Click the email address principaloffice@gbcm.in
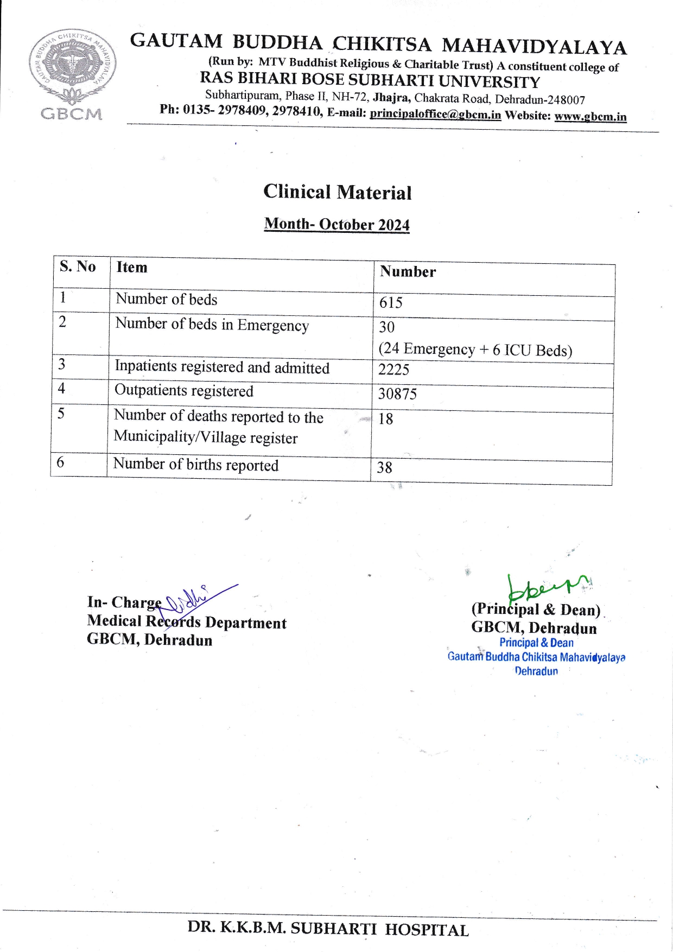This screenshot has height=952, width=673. pos(435,115)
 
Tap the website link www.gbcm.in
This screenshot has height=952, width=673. pos(590,117)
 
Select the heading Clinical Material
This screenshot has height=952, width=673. pos(337,192)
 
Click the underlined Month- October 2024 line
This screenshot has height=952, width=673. pos(336,224)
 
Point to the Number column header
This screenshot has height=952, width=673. pos(408,271)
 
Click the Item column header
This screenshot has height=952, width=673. pos(132,267)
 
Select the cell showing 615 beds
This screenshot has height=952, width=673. pos(391,302)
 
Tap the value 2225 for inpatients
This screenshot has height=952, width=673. pos(393,370)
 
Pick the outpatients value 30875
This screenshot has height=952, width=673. pos(397,394)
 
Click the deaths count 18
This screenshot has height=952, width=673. pos(385,419)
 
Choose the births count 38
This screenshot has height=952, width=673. pos(384,467)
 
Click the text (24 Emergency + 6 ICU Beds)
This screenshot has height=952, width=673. pos(475,350)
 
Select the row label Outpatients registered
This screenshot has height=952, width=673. pos(183,391)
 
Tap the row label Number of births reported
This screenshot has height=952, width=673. pos(195,465)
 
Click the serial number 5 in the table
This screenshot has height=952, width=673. pos(61,414)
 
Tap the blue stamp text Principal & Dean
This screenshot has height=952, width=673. pos(536,643)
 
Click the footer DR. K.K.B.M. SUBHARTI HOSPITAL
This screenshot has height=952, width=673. pos(328,929)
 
